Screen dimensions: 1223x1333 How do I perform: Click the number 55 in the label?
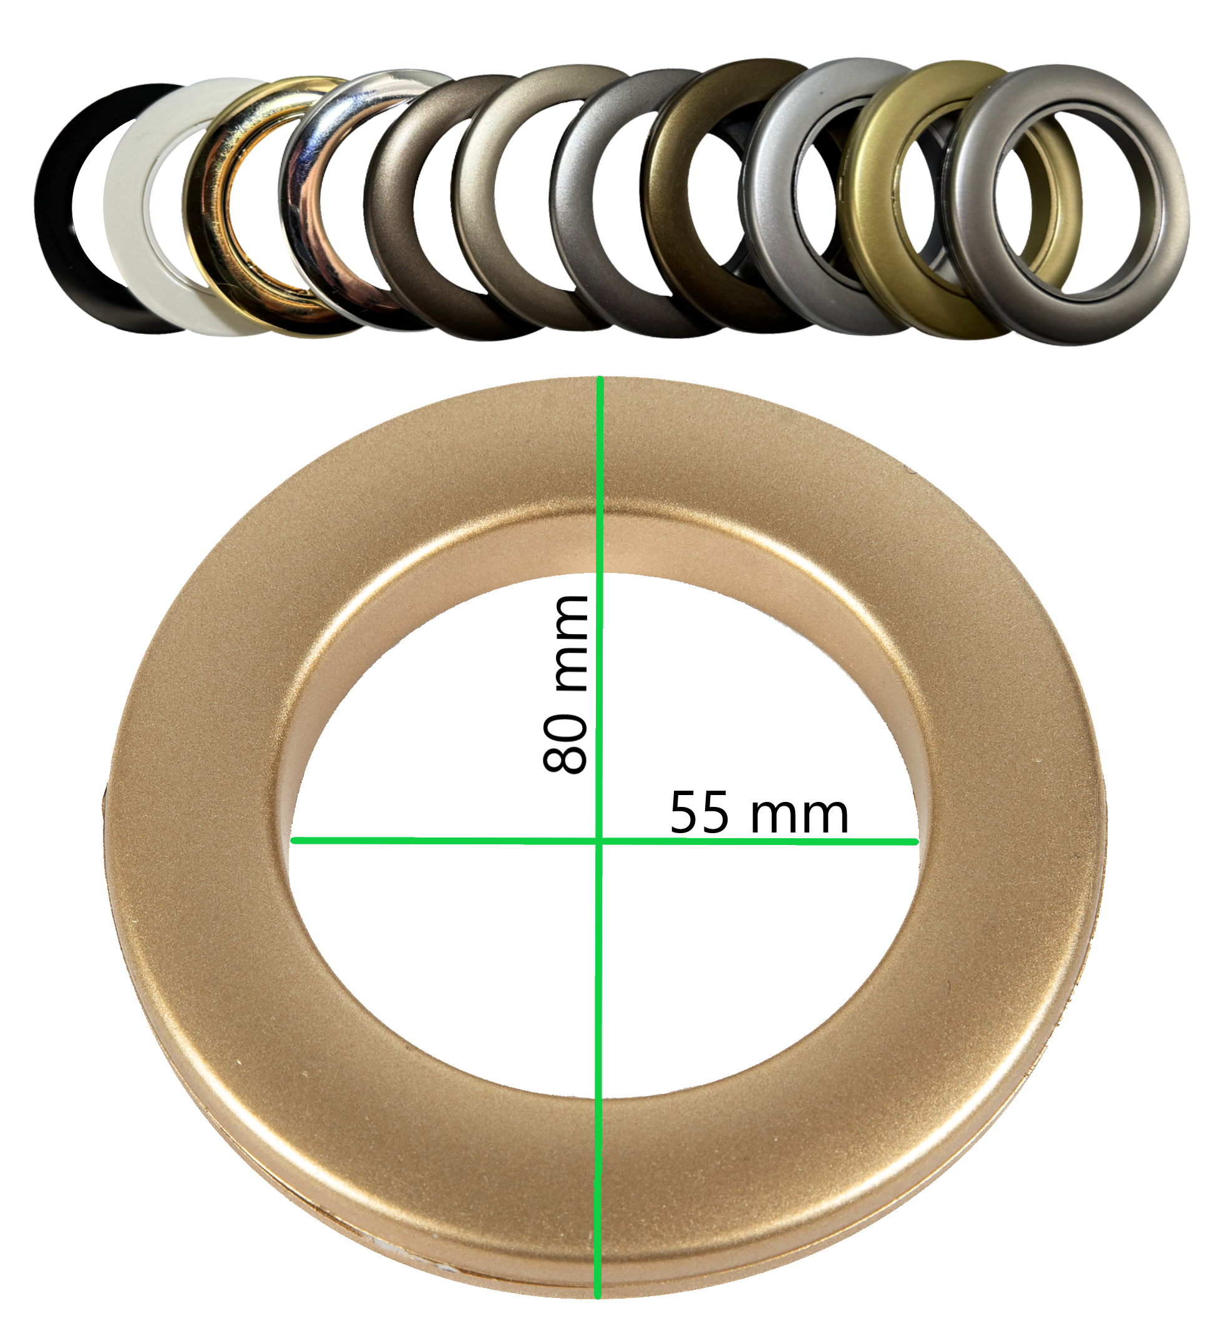699,812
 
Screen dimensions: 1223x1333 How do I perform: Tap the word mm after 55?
799,816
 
